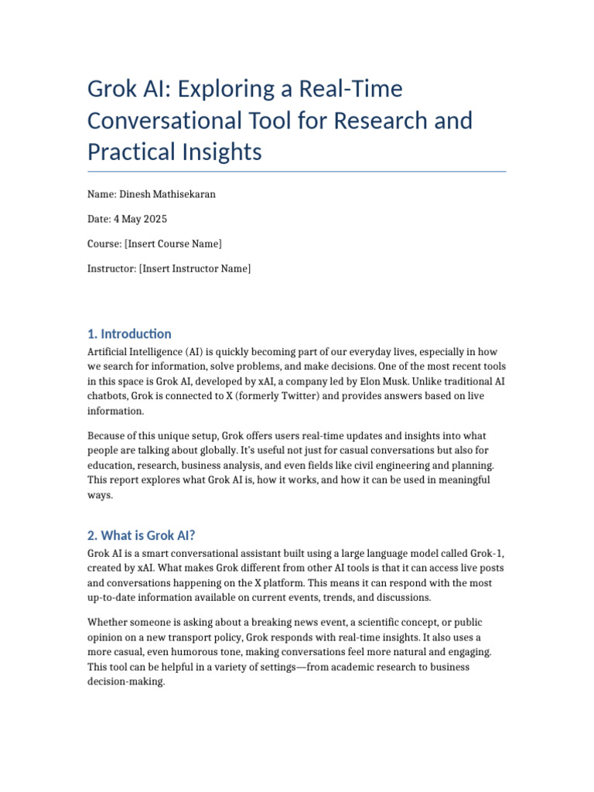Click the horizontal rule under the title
[296, 172]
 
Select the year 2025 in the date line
[154, 219]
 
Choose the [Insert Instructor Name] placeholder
[195, 268]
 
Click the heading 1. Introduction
[129, 334]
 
